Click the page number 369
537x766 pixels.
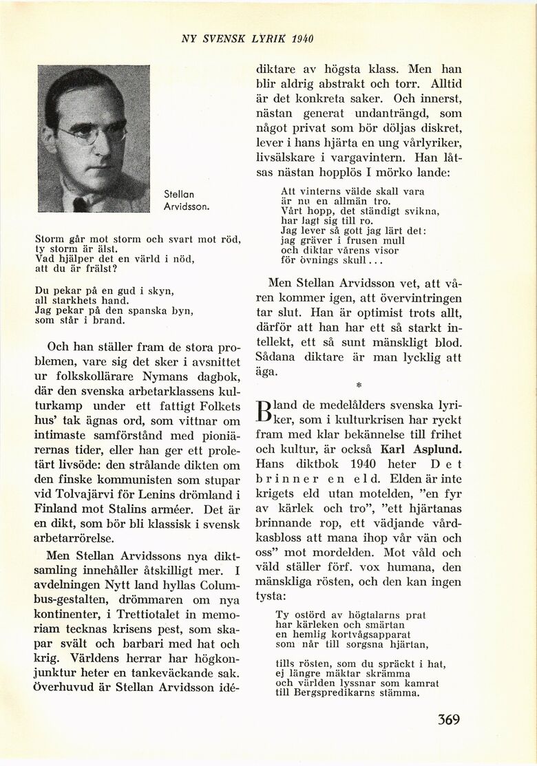[x=448, y=720]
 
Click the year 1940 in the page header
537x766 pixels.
[x=303, y=39]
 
